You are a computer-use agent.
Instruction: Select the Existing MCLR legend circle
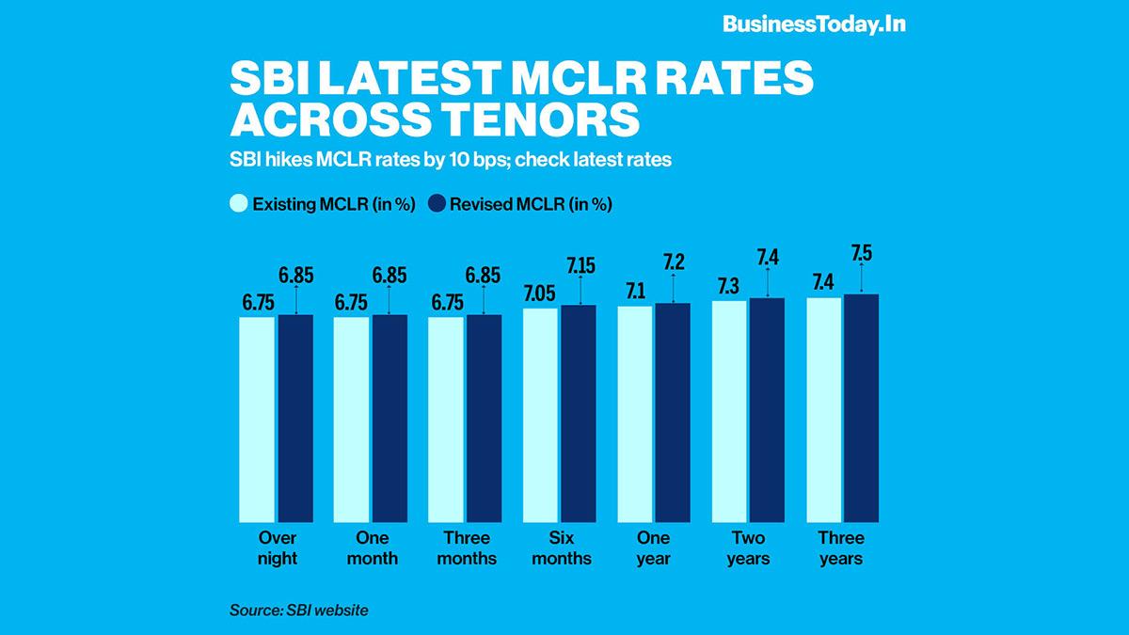coord(239,204)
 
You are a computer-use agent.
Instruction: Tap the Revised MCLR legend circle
coord(437,204)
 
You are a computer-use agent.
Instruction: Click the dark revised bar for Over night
coord(295,418)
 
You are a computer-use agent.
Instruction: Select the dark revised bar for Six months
coord(579,413)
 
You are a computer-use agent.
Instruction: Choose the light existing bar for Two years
coord(729,411)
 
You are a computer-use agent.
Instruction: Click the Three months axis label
coord(466,548)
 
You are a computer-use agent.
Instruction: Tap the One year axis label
coord(654,548)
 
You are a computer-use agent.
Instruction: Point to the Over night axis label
coord(277,548)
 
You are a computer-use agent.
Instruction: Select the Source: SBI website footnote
coord(299,611)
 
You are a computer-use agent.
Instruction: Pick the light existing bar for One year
coord(635,413)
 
